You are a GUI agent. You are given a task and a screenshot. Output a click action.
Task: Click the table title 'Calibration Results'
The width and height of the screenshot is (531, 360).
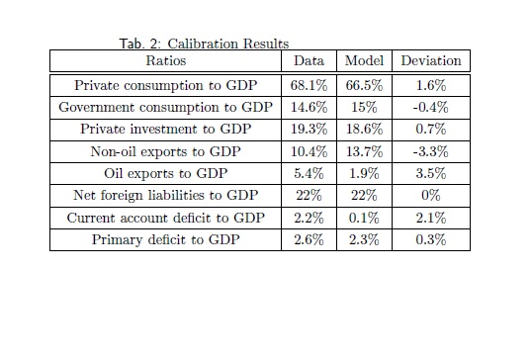[227, 44]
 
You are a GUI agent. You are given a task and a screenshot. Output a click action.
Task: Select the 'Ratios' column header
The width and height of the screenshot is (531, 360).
[166, 60]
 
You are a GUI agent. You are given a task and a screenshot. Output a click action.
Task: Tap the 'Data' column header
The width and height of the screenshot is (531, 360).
[309, 60]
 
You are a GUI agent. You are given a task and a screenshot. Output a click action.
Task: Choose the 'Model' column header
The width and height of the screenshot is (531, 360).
[365, 60]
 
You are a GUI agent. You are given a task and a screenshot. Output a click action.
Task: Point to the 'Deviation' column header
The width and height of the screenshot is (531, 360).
[431, 60]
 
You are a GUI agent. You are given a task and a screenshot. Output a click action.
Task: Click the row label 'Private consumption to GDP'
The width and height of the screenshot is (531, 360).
[166, 85]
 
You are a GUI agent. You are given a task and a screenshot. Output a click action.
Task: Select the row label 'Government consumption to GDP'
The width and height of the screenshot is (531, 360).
[165, 108]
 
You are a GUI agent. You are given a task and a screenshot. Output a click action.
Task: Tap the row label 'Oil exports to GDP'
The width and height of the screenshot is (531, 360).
[165, 173]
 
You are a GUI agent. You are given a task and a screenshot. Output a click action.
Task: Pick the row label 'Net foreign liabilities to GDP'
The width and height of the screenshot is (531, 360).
[166, 196]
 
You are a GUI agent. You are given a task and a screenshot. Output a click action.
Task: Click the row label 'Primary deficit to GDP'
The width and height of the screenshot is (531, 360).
[165, 239]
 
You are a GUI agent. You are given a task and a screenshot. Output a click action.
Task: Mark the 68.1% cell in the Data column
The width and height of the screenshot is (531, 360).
[309, 85]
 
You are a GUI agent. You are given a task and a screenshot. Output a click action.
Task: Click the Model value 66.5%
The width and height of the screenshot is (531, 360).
[365, 85]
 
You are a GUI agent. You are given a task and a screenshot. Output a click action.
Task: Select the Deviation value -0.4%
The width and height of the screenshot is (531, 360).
[431, 108]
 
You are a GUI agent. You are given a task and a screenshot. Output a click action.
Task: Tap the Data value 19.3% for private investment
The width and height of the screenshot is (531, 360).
[309, 129]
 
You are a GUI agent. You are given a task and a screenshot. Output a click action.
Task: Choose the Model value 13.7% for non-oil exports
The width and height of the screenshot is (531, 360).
[365, 151]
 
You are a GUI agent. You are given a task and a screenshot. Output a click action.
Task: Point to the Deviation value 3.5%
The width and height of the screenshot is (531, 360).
[431, 173]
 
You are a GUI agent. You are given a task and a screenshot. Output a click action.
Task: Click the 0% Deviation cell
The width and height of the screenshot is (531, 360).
[431, 196]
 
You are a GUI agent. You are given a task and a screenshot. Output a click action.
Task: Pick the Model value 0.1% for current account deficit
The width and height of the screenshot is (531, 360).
[365, 218]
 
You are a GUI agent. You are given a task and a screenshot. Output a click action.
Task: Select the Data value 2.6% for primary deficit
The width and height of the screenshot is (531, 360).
[309, 239]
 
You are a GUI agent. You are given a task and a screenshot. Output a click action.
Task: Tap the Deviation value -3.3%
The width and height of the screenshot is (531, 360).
[431, 151]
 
